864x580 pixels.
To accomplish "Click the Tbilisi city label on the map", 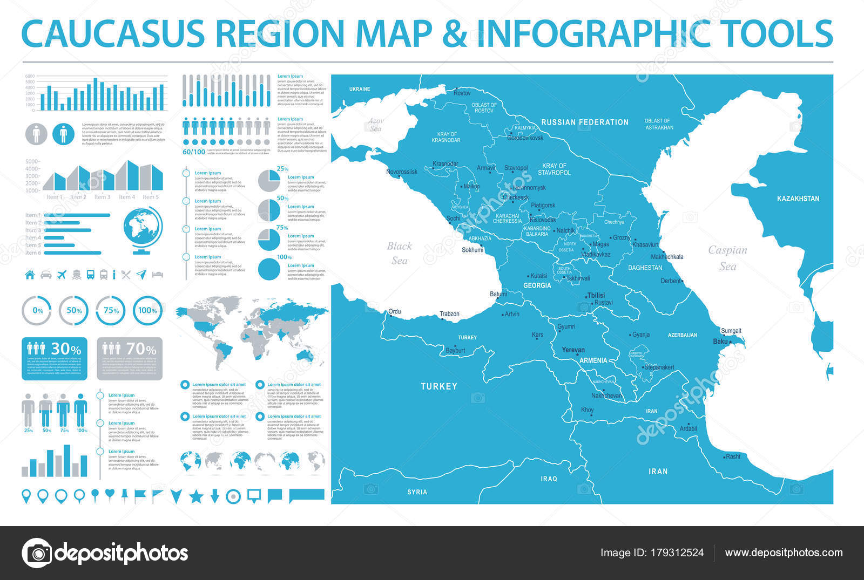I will (x=596, y=295).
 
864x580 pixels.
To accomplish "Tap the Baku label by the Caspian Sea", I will (x=720, y=342).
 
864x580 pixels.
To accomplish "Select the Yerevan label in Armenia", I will (x=573, y=350).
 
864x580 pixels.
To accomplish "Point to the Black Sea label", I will (x=399, y=253).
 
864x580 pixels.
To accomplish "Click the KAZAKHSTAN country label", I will (x=798, y=199).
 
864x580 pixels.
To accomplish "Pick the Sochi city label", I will (x=453, y=219).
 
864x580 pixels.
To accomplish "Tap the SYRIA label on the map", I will (x=417, y=492).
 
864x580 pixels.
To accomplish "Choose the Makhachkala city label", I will (x=667, y=257).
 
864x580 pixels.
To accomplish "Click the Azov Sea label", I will (x=375, y=125).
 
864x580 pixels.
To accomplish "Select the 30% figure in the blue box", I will (x=66, y=349).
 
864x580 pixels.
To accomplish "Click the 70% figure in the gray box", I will (x=141, y=349).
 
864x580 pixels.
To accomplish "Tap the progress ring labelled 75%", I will (x=111, y=310).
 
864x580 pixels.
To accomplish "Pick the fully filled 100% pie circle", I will (x=269, y=269).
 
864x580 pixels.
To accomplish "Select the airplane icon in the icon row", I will (x=62, y=274).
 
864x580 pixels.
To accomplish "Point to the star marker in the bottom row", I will (x=195, y=496).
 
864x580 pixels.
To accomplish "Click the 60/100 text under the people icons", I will (x=194, y=152).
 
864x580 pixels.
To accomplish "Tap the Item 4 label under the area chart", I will (x=126, y=197).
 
